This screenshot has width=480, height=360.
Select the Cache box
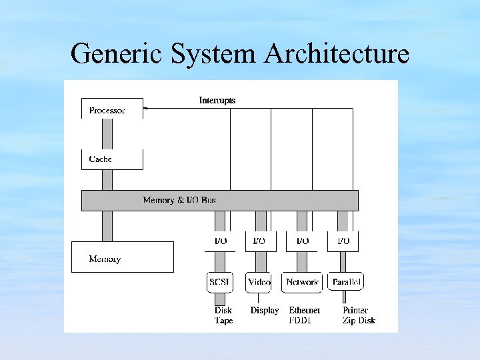(112, 159)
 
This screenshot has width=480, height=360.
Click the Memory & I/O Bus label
(179, 200)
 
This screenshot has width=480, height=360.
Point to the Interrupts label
(217, 101)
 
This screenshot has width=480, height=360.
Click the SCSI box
(220, 282)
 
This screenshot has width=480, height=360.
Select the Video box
(259, 282)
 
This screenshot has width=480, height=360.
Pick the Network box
(302, 282)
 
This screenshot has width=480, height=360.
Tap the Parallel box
(346, 282)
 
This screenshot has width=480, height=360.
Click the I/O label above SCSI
(220, 241)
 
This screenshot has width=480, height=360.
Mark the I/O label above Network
(302, 241)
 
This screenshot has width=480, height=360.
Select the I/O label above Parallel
(343, 241)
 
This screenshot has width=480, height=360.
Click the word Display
(265, 311)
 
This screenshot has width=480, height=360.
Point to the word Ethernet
(305, 311)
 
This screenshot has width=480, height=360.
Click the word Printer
(355, 311)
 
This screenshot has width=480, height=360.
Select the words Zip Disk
(359, 321)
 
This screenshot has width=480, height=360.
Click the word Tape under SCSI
(223, 321)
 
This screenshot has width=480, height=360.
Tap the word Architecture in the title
(337, 53)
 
